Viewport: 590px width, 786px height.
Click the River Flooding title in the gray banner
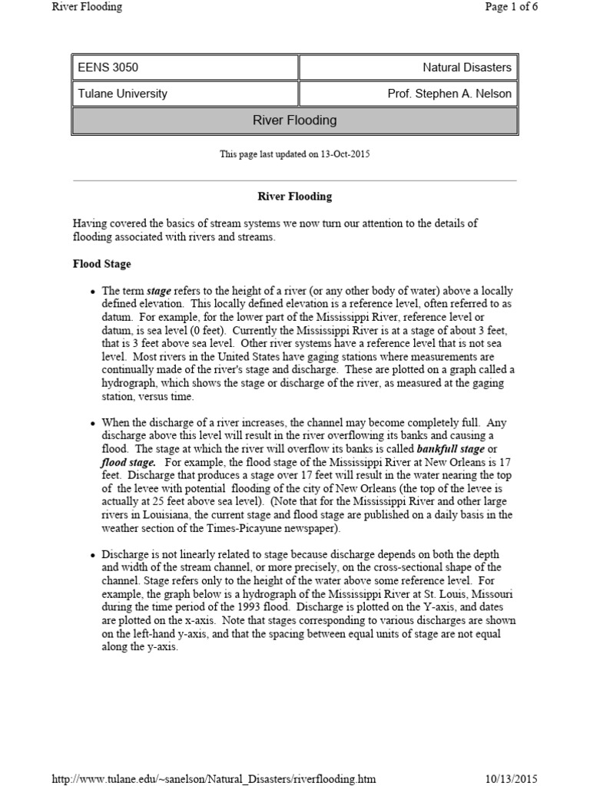[x=294, y=121]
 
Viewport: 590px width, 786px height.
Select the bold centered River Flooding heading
[x=294, y=196]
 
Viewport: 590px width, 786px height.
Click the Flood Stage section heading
[x=101, y=264]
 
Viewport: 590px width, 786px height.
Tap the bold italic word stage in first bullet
[x=159, y=292]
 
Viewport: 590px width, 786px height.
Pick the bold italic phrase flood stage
[x=128, y=462]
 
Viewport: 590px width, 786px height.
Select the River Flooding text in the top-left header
[x=87, y=8]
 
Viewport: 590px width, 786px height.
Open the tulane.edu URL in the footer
[x=214, y=778]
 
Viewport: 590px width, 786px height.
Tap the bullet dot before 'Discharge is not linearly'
[x=93, y=555]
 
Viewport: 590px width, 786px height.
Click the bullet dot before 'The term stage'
[x=93, y=292]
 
